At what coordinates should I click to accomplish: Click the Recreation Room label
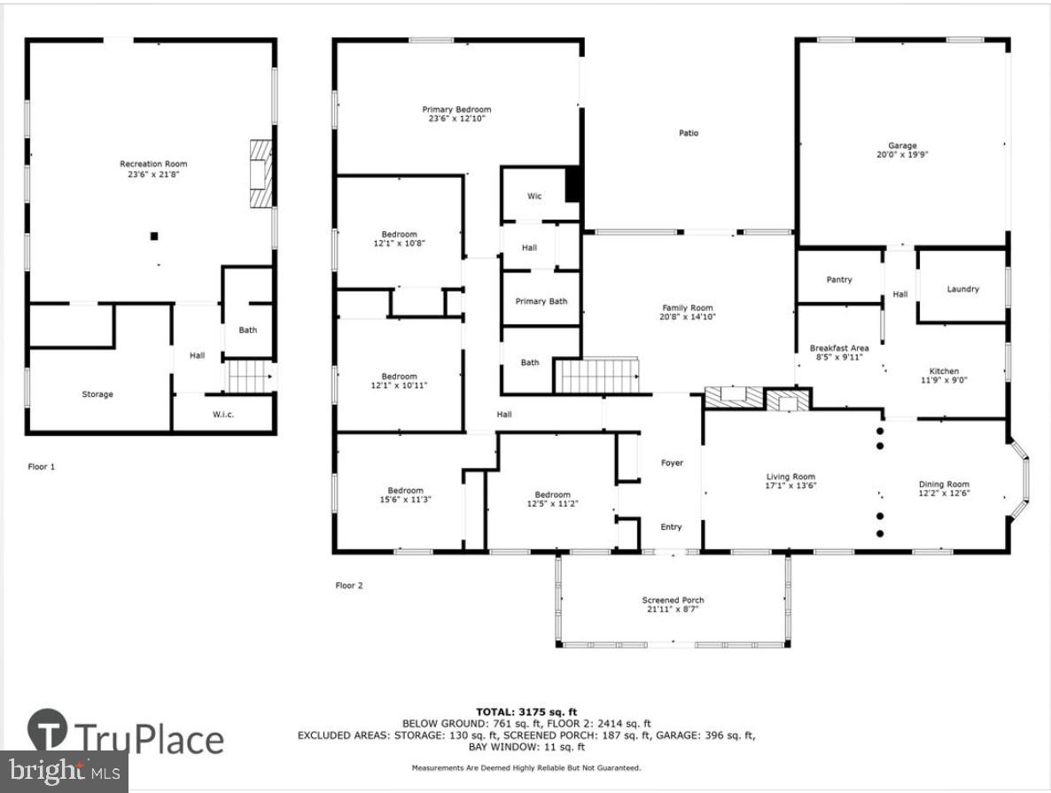pyautogui.click(x=153, y=164)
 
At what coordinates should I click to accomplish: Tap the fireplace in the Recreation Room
pyautogui.click(x=259, y=173)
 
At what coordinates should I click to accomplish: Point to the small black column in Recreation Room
pyautogui.click(x=154, y=236)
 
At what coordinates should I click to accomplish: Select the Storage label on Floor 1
pyautogui.click(x=97, y=394)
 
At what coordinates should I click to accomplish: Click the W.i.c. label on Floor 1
pyautogui.click(x=222, y=415)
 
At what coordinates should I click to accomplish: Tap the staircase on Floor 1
pyautogui.click(x=246, y=377)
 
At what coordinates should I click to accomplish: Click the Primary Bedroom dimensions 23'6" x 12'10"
pyautogui.click(x=455, y=118)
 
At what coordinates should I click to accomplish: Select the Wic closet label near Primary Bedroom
pyautogui.click(x=534, y=196)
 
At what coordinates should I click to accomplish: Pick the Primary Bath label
pyautogui.click(x=541, y=301)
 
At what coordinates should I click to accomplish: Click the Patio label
pyautogui.click(x=689, y=133)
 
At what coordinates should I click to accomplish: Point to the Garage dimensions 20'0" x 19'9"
pyautogui.click(x=902, y=154)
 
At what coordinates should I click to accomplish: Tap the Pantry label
pyautogui.click(x=838, y=280)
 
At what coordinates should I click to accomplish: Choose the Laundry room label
pyautogui.click(x=962, y=289)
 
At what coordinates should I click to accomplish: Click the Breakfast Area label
pyautogui.click(x=838, y=348)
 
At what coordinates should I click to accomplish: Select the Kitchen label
pyautogui.click(x=943, y=371)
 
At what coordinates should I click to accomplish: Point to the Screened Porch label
pyautogui.click(x=673, y=600)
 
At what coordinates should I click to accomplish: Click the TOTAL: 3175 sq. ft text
pyautogui.click(x=525, y=711)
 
